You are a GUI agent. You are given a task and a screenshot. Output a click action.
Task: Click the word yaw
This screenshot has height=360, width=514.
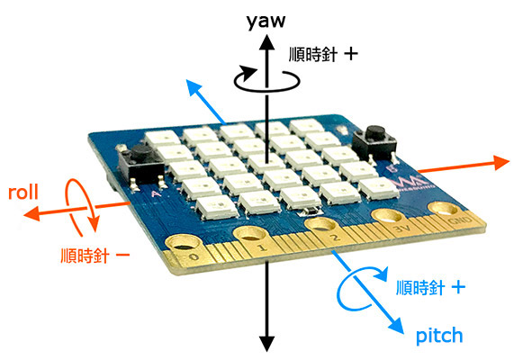pos(266,22)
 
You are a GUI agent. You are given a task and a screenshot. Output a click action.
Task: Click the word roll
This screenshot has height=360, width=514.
pos(23,192)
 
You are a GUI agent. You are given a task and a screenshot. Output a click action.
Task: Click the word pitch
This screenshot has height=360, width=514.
pos(439,336)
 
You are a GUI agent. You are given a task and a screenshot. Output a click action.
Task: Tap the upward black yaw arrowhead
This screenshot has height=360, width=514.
pos(267,42)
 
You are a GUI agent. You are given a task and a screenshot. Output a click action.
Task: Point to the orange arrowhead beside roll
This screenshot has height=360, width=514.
pos(32,214)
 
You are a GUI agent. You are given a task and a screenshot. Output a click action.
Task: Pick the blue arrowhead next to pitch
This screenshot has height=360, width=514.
pos(397,326)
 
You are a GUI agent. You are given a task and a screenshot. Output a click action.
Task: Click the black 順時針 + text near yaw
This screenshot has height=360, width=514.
pos(323,54)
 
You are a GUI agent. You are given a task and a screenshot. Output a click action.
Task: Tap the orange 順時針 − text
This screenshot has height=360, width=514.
pos(95,256)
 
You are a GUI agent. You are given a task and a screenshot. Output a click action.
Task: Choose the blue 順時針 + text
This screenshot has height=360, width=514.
pos(430,288)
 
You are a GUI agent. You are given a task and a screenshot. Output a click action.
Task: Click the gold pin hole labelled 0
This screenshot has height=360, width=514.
pos(185,244)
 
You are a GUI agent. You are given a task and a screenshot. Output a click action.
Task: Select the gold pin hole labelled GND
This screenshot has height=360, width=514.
pos(444,209)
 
